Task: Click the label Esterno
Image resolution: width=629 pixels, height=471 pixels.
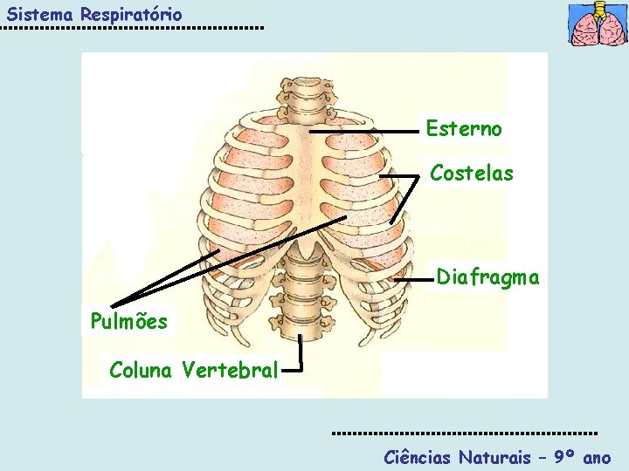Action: [464, 129]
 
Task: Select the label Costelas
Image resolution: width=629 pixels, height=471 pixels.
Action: [472, 173]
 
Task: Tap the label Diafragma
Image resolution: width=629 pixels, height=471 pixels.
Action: [487, 277]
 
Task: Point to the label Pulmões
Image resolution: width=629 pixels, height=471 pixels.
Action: [129, 321]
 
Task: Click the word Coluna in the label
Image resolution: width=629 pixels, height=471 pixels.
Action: [141, 370]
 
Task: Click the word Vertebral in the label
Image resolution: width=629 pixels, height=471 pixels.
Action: [229, 370]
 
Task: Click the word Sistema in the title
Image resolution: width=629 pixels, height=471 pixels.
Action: [39, 14]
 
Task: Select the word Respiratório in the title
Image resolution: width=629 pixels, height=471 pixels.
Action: [131, 15]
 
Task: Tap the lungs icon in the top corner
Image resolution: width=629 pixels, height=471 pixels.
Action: [598, 24]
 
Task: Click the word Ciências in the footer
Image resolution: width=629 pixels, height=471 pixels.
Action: [418, 457]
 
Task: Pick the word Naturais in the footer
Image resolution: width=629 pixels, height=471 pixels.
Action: [495, 457]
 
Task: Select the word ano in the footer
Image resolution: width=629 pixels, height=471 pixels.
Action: [597, 457]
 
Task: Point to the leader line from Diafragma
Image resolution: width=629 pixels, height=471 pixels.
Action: [416, 281]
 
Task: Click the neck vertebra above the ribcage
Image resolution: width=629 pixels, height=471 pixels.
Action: [305, 91]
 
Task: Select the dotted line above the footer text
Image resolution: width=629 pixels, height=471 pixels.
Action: [465, 433]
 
